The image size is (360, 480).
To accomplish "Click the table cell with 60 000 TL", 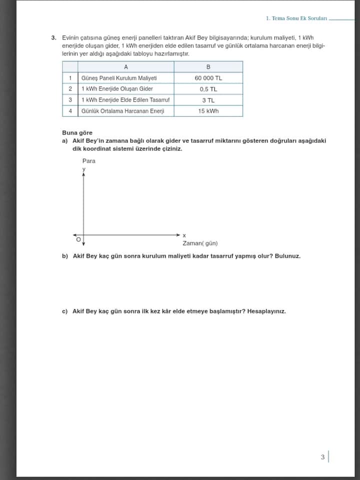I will [208, 78].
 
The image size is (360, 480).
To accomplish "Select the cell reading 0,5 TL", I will [208, 89].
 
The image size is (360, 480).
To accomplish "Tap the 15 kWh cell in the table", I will [208, 111].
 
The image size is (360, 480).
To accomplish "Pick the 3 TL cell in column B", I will [208, 100].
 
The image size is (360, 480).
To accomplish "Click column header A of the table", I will [125, 67].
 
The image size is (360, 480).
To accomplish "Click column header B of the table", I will [208, 67].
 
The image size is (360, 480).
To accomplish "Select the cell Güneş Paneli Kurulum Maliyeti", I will [119, 78].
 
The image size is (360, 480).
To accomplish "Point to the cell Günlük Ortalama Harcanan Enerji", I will [122, 111].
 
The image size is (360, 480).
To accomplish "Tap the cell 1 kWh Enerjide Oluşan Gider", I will [117, 89].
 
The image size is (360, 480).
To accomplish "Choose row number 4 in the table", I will [70, 111].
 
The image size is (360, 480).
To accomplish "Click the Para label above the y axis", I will [88, 161].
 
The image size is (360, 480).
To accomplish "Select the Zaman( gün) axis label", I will [200, 243].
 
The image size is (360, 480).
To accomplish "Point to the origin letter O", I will [78, 240].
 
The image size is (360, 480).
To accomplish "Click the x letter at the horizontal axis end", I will [184, 235].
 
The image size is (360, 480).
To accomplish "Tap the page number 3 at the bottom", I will [322, 457].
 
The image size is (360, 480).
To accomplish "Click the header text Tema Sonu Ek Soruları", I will [299, 18].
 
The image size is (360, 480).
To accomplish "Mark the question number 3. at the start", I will [53, 37].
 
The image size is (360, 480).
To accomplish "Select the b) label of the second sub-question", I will [64, 256].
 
